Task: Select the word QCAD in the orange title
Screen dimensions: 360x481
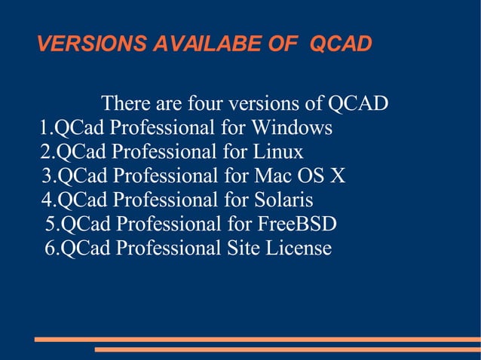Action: click(x=341, y=44)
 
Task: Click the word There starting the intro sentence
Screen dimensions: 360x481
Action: click(x=125, y=103)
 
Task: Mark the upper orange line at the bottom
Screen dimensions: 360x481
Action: click(x=257, y=340)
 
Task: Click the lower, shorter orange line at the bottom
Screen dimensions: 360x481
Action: click(x=286, y=349)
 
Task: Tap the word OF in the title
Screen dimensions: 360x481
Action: click(x=282, y=44)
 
